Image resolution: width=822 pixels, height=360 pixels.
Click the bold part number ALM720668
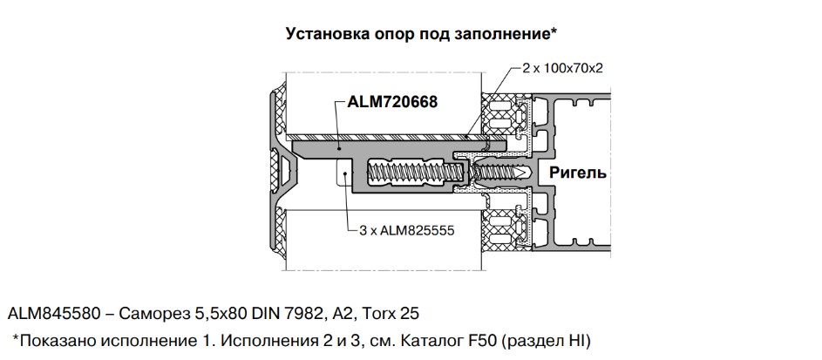point(392,102)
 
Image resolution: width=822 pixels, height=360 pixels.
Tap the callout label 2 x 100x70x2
point(562,69)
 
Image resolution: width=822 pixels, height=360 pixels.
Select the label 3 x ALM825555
point(407,231)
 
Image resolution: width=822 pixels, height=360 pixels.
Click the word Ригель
point(578,173)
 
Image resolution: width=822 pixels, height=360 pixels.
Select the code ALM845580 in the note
point(53,314)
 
